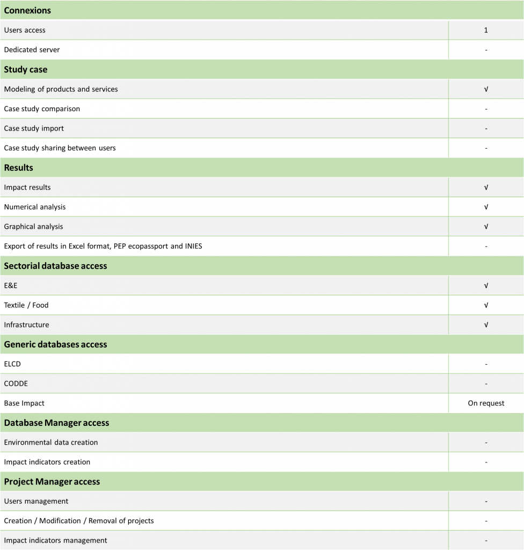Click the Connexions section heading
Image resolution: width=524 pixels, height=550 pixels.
[27, 10]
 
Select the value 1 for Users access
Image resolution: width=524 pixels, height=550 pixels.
[486, 30]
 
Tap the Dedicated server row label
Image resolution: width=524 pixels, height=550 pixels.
[32, 50]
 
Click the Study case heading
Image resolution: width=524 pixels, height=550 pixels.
[26, 69]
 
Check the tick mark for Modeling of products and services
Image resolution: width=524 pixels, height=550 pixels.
[486, 89]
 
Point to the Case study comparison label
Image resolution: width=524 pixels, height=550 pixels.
[42, 108]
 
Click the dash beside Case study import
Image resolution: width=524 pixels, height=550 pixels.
[486, 128]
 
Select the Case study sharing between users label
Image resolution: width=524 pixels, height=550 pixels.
[60, 148]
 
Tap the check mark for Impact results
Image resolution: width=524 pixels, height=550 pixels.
[486, 187]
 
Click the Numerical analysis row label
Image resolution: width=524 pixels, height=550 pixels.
[35, 207]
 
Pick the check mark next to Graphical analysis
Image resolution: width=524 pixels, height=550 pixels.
[486, 227]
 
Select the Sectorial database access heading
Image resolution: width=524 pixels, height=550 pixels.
[55, 266]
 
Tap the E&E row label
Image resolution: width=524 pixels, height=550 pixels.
[11, 286]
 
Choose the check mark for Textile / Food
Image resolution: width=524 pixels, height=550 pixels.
[486, 305]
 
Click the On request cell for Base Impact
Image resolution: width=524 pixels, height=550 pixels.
[486, 403]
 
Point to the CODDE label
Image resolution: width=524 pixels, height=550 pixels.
[16, 383]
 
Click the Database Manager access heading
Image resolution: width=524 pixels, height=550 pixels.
[56, 423]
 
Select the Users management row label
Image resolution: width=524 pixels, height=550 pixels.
[36, 501]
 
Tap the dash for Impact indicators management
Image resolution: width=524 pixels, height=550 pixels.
[486, 541]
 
